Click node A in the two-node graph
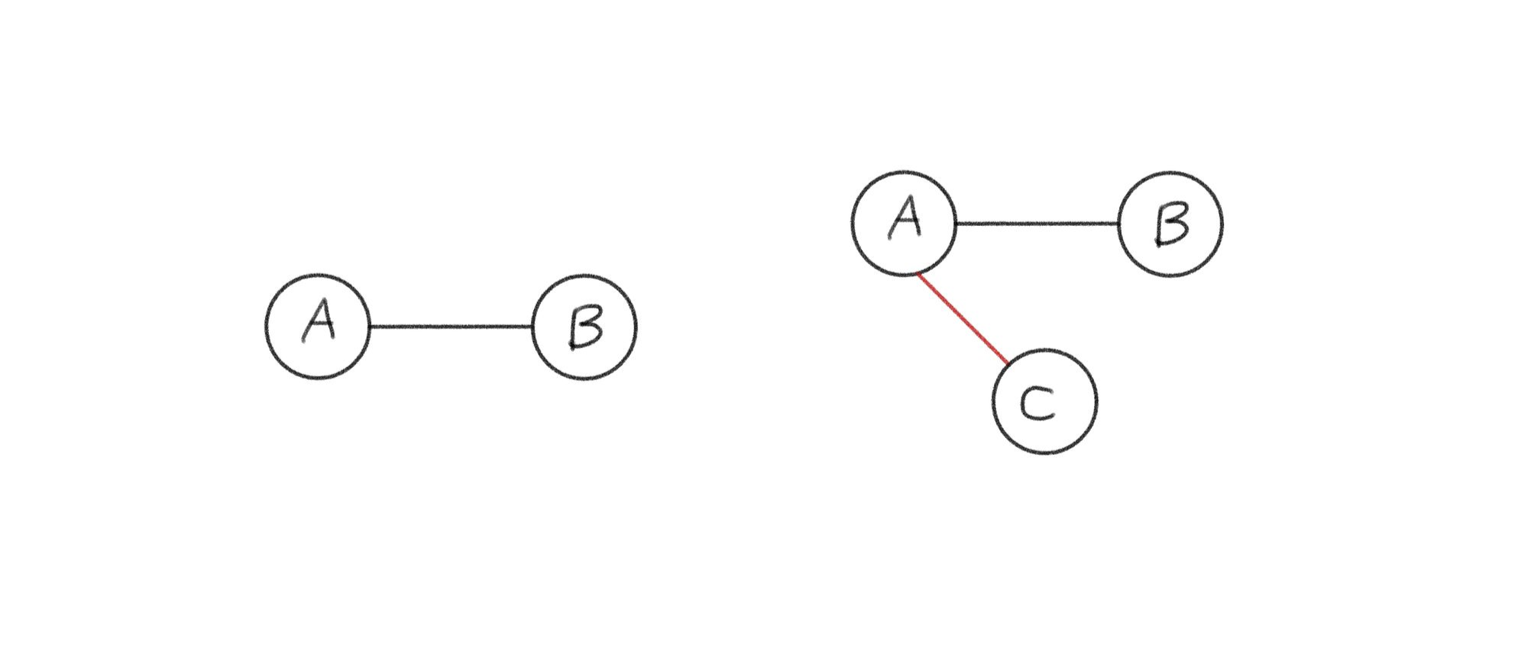318,327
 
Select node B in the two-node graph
584,327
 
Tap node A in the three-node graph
904,223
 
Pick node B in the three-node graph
1170,224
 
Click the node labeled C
1044,401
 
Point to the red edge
963,318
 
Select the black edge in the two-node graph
451,327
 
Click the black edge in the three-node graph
1037,224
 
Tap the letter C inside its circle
1038,403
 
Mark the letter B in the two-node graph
585,328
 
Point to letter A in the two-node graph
319,321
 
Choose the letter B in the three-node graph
1171,224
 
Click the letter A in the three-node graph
906,217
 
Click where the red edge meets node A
918,273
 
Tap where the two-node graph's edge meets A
370,327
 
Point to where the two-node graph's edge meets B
533,327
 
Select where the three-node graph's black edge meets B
1118,224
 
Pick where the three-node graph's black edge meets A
956,224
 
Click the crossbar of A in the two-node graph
319,323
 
